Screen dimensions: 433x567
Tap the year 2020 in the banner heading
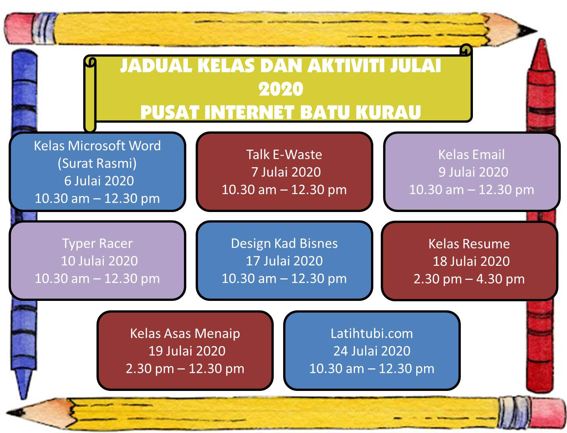click(280, 89)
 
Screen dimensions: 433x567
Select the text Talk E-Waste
click(284, 155)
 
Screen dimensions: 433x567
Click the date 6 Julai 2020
click(99, 181)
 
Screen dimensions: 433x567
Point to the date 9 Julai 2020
click(473, 172)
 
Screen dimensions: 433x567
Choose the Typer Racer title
click(97, 244)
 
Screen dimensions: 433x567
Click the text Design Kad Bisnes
click(284, 244)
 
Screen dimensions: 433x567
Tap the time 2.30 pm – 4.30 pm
click(469, 279)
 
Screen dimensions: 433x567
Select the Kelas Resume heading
click(469, 244)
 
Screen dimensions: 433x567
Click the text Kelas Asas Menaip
click(185, 334)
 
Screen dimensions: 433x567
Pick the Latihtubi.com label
click(371, 334)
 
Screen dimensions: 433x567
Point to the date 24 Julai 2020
click(371, 351)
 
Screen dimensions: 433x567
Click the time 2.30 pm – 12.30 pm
click(185, 369)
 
